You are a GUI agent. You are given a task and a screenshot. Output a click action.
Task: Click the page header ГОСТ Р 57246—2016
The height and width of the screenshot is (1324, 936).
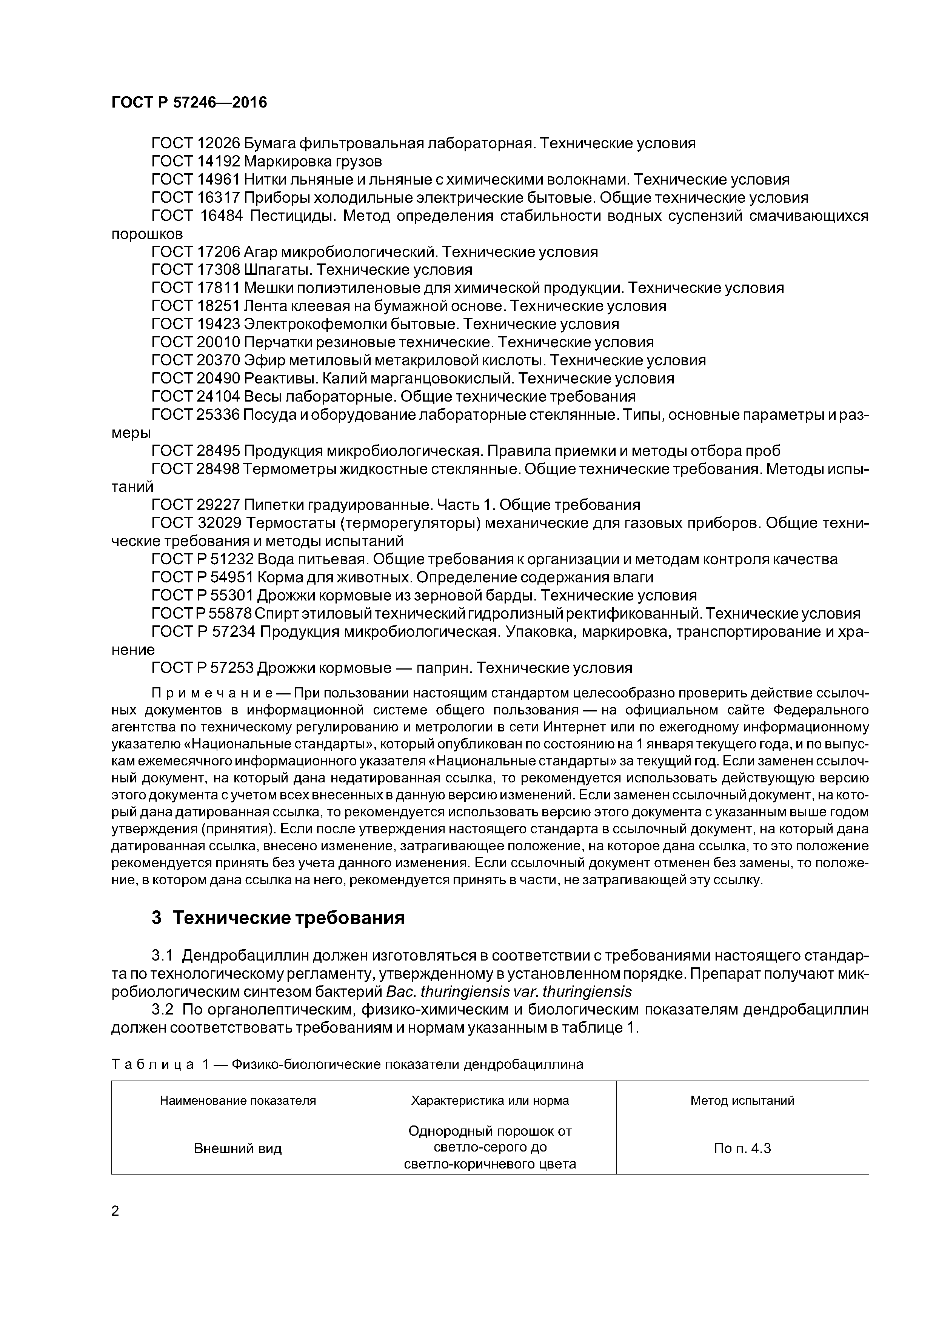(x=189, y=103)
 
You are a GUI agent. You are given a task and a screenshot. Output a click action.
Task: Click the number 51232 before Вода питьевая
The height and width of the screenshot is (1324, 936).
(x=232, y=559)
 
